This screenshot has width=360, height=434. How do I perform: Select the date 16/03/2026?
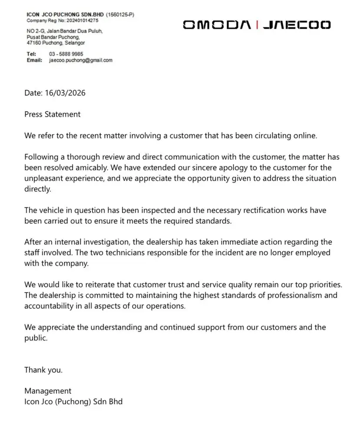68,93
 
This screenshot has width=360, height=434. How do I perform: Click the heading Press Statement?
53,114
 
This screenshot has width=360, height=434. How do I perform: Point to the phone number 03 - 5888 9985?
66,54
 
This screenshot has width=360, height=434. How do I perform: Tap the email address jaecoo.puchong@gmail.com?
81,60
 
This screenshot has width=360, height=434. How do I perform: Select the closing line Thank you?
43,370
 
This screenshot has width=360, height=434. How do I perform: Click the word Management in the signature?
48,391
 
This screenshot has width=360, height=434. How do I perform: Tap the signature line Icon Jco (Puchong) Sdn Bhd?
73,401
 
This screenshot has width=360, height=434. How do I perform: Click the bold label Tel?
31,54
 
